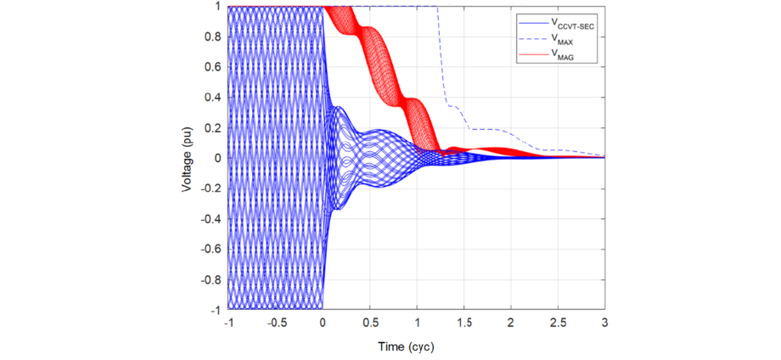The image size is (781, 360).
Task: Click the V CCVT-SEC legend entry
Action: (573, 26)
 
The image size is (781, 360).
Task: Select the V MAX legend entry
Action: (564, 41)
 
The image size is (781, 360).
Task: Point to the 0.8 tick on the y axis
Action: (213, 37)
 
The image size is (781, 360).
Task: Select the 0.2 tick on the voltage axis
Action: (213, 128)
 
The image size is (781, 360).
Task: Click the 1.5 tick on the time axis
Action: (464, 324)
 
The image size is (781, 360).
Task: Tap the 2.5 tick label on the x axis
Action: (558, 324)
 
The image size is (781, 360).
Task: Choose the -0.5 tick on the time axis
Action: (274, 324)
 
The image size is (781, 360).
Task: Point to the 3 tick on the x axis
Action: (604, 324)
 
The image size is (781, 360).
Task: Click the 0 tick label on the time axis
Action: (323, 324)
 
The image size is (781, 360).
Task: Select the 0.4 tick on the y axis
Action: (213, 98)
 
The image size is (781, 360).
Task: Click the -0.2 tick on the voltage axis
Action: (211, 188)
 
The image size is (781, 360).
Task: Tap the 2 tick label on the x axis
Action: (511, 324)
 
